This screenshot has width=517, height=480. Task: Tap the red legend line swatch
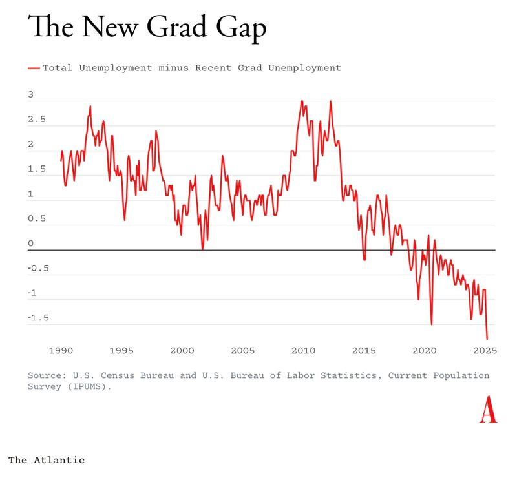point(34,67)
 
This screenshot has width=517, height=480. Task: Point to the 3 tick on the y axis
point(30,95)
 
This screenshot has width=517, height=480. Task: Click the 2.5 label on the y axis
point(37,120)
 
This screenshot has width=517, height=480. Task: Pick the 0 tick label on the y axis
point(30,244)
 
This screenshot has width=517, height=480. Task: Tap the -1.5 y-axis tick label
point(37,318)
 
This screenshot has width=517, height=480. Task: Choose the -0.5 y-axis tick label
point(37,268)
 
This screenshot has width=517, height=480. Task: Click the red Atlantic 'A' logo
point(488,411)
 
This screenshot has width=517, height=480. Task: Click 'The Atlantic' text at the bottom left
point(46,460)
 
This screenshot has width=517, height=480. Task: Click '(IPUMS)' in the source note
point(89,386)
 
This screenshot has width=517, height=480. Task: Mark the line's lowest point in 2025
point(487,339)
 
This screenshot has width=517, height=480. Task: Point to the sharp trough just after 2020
point(431,324)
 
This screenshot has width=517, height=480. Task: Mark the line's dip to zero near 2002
point(202,249)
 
